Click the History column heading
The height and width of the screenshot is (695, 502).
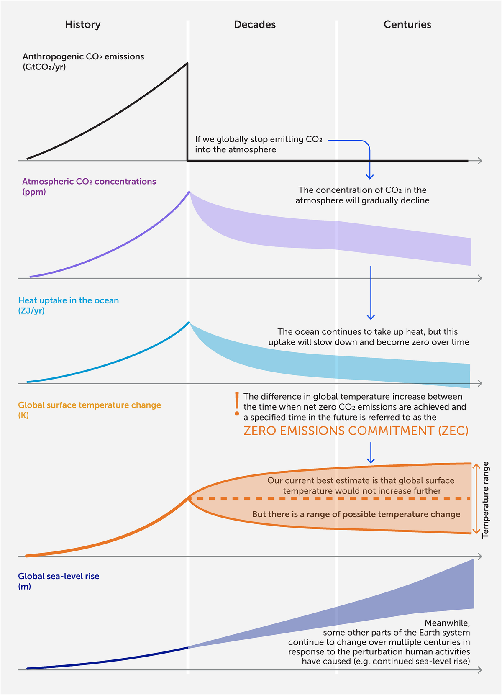(x=83, y=25)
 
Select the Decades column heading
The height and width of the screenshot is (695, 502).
(x=255, y=25)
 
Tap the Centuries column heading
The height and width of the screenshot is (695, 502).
(x=407, y=25)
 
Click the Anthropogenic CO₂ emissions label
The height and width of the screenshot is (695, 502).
(x=83, y=56)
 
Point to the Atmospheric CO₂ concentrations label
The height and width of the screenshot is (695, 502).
(x=89, y=182)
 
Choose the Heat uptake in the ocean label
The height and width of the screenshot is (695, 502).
(x=69, y=300)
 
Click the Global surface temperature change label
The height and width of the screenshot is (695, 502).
(x=90, y=405)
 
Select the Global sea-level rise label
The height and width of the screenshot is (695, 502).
(x=59, y=576)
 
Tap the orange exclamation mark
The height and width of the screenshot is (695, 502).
(x=237, y=404)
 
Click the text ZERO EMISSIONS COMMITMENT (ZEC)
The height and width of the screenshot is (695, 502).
(x=356, y=431)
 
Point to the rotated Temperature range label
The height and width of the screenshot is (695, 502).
(x=486, y=500)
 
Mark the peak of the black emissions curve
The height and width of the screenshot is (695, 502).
(x=187, y=63)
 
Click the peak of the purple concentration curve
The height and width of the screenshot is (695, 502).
(x=189, y=192)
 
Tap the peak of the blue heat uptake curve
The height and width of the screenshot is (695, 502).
(x=189, y=323)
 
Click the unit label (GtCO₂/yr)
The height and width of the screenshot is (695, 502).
(x=44, y=67)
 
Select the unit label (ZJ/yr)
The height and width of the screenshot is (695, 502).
(x=31, y=311)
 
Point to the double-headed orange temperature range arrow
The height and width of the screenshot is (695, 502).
(x=476, y=498)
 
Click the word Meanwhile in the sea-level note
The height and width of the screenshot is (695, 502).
(x=447, y=623)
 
